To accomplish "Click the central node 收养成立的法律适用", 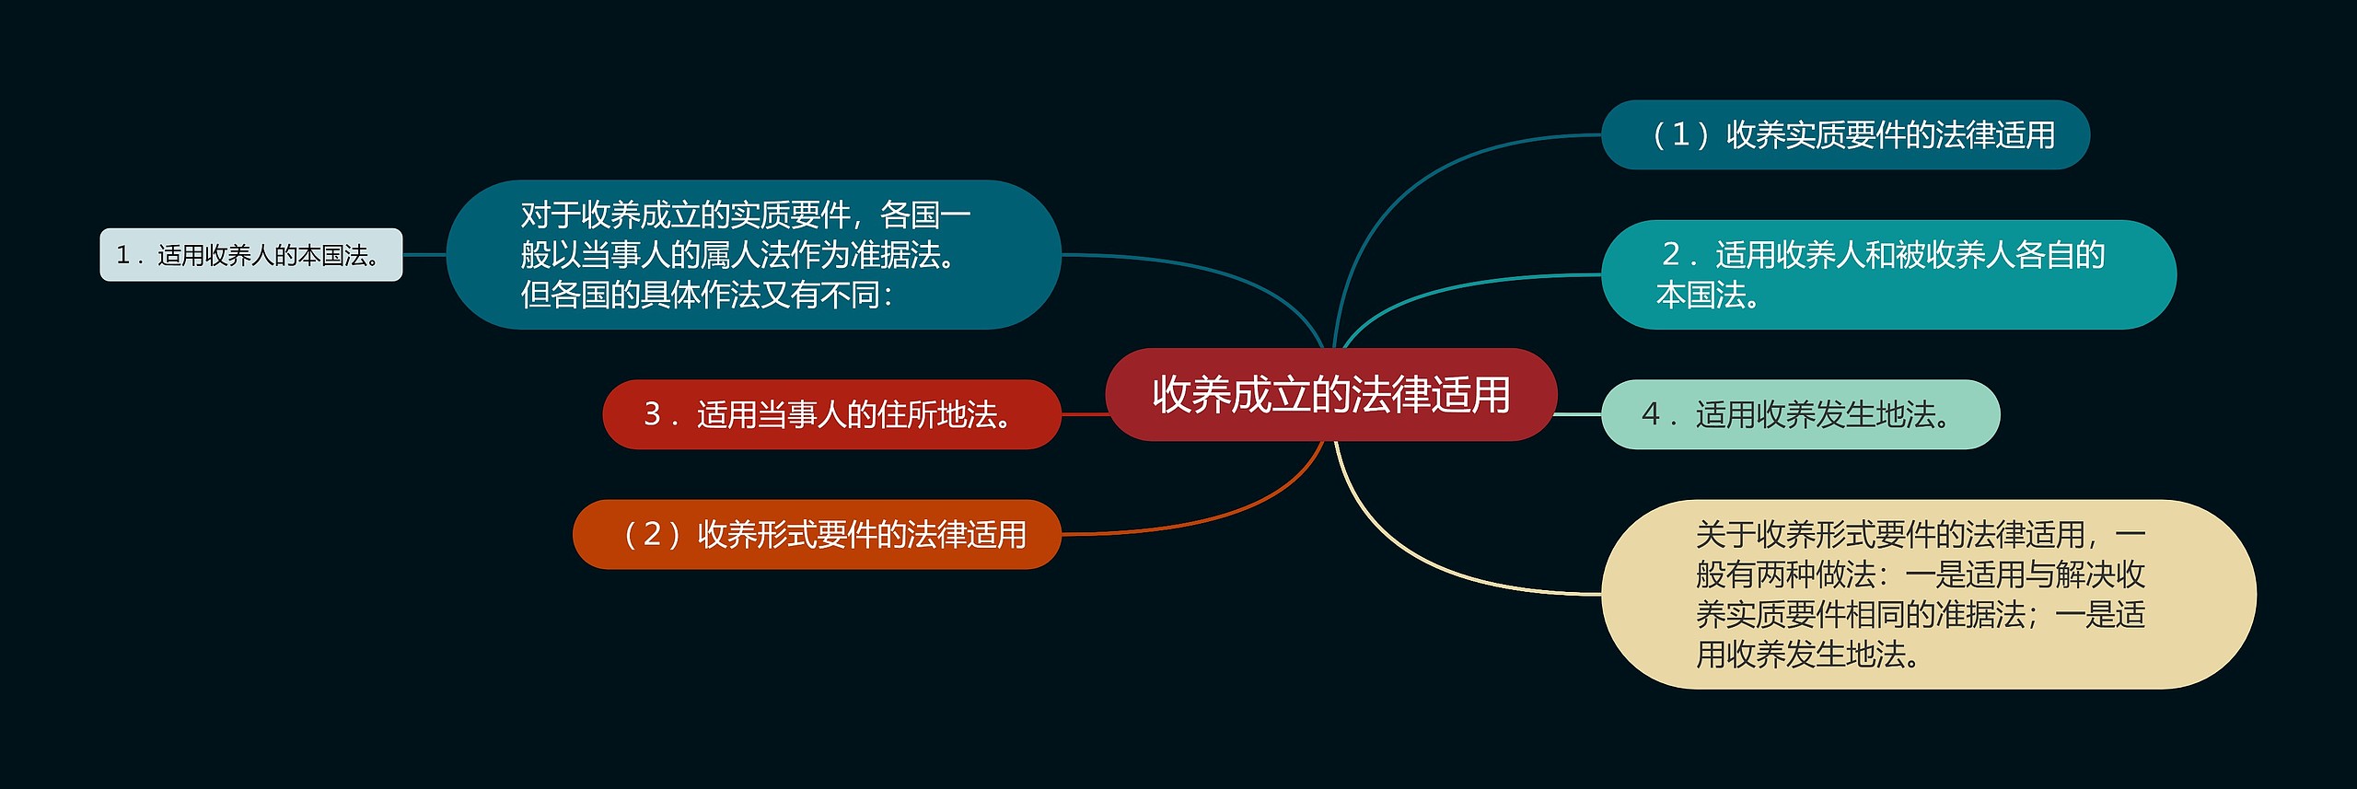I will pyautogui.click(x=1330, y=394).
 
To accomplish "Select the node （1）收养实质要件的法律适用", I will pyautogui.click(x=1844, y=134).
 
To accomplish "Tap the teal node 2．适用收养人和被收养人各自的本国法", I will pyautogui.click(x=1887, y=274).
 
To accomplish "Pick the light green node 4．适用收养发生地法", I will pyautogui.click(x=1800, y=414).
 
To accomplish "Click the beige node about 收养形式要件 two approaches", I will pyautogui.click(x=1928, y=594).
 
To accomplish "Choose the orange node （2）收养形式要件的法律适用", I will pyautogui.click(x=817, y=534).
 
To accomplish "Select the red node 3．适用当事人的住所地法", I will pyautogui.click(x=831, y=414).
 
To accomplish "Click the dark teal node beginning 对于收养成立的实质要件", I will pyautogui.click(x=753, y=254).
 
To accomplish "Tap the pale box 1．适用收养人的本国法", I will pyautogui.click(x=250, y=255).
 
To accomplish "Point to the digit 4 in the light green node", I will pyautogui.click(x=1650, y=414).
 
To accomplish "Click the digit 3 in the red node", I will pyautogui.click(x=652, y=414).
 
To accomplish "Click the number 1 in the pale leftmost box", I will pyautogui.click(x=122, y=255).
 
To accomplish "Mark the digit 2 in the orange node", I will pyautogui.click(x=652, y=534).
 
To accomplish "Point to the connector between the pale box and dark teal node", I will pyautogui.click(x=424, y=255).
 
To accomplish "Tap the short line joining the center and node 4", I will pyautogui.click(x=1578, y=414).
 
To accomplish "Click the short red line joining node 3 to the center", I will pyautogui.click(x=1084, y=414).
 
